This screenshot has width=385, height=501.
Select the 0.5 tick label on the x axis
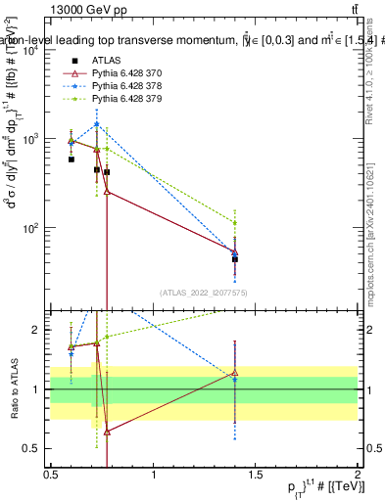(51, 474)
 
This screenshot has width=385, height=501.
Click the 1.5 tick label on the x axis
(256, 474)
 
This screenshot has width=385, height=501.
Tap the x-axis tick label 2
(358, 474)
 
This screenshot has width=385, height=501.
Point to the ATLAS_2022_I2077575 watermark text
(205, 293)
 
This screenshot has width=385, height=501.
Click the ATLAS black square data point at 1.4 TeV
(235, 259)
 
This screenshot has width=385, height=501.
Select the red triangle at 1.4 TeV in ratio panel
(235, 373)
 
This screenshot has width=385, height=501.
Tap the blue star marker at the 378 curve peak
(96, 124)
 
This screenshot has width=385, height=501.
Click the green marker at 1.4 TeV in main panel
(235, 223)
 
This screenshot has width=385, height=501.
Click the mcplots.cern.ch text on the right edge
(375, 225)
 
